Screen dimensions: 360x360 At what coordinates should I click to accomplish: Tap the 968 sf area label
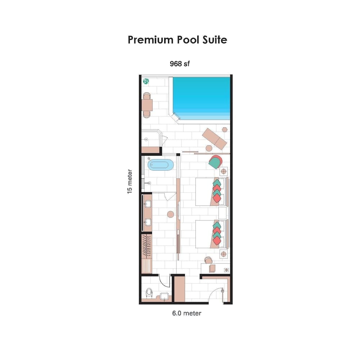(x=180, y=64)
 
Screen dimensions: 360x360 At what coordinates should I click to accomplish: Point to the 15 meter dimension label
(x=130, y=181)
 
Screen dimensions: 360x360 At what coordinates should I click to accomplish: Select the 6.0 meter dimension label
(x=186, y=313)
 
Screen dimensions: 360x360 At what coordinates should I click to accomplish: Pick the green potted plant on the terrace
(x=146, y=81)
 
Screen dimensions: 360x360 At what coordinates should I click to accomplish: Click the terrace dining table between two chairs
(x=147, y=105)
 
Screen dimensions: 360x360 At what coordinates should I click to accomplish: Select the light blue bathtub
(x=161, y=166)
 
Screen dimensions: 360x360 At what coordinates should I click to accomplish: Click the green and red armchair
(x=215, y=162)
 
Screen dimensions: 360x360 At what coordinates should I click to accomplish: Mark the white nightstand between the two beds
(x=223, y=213)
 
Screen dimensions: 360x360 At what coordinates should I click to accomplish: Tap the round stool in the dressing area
(x=171, y=215)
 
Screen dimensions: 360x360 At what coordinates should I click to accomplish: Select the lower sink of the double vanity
(x=148, y=222)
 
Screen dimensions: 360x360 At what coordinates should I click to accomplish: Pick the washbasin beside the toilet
(x=164, y=296)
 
